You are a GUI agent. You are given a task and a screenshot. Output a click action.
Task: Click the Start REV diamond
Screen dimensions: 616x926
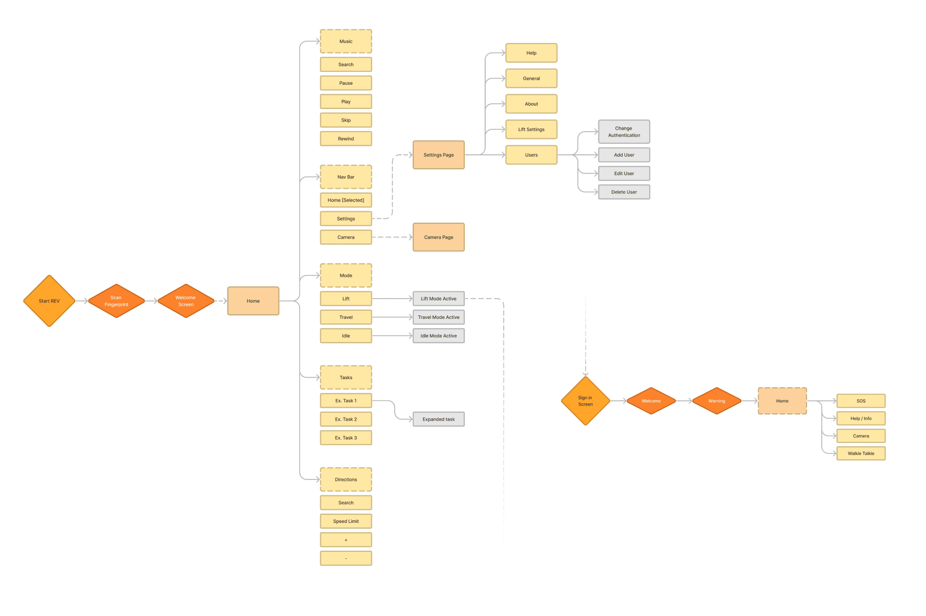[49, 301]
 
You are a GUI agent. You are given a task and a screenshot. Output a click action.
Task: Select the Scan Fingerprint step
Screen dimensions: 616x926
[116, 301]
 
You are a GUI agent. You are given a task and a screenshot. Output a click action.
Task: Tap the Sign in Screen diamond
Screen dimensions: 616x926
[586, 401]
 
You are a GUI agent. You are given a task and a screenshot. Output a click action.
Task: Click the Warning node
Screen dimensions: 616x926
[716, 401]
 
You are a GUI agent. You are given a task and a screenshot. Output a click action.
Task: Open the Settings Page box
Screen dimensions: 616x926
[438, 155]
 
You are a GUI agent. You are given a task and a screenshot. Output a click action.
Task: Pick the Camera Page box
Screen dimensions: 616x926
[438, 237]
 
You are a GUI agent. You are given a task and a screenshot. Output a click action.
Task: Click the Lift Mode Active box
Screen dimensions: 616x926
[438, 299]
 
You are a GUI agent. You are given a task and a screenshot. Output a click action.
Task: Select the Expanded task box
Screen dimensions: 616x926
[438, 419]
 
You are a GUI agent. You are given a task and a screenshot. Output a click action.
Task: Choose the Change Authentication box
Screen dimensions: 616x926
[624, 132]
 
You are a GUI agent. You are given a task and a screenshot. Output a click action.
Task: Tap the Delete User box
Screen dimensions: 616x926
[624, 192]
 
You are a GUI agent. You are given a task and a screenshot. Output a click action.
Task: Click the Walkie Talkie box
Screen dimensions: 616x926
[861, 453]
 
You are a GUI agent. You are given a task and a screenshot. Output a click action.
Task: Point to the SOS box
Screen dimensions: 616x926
[861, 401]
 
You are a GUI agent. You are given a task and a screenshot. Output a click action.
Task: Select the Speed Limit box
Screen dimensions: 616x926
[346, 521]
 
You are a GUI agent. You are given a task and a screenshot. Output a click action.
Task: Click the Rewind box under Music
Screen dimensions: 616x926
[346, 139]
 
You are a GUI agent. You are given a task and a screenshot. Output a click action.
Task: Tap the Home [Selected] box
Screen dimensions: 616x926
[346, 200]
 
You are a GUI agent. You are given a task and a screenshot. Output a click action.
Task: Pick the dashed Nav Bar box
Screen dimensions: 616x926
[346, 177]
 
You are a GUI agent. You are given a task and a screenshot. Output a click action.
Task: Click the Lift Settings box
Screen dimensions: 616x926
[531, 129]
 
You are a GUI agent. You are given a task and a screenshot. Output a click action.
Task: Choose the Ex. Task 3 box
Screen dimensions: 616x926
[346, 438]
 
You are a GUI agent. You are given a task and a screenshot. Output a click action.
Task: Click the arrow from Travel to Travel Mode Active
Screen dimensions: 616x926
[392, 317]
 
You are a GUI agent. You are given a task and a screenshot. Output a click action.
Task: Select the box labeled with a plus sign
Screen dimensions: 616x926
[346, 540]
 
